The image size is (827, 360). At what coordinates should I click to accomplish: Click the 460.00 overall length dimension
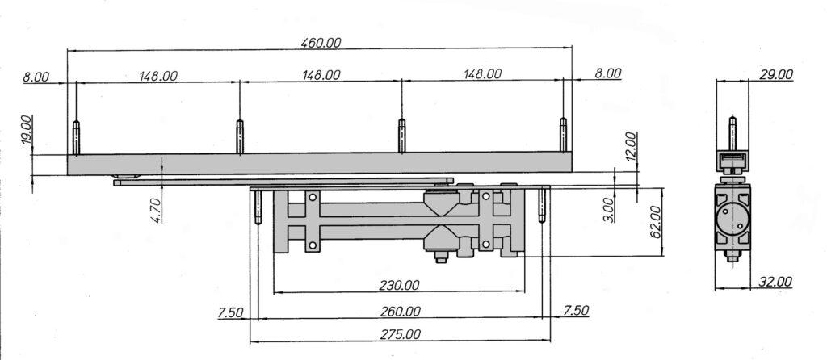321,43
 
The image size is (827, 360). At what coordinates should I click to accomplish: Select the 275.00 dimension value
401,335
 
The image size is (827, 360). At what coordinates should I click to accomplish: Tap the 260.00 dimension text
401,312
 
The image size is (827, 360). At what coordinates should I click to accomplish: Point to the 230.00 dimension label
399,285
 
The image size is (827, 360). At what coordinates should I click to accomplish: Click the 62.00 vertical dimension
656,221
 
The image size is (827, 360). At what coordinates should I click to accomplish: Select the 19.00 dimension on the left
27,131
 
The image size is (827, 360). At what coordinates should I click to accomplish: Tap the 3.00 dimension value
609,210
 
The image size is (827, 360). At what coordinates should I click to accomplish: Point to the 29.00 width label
776,75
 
